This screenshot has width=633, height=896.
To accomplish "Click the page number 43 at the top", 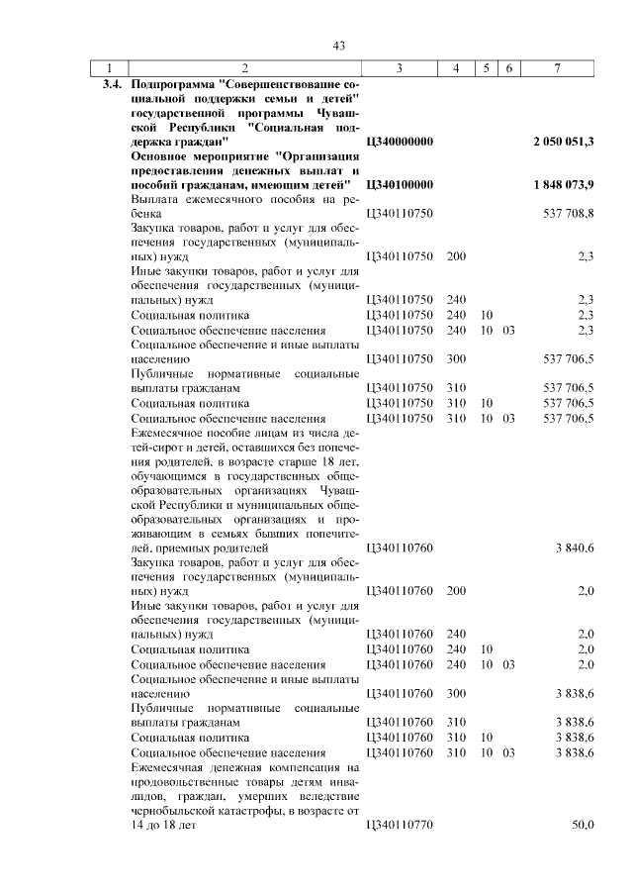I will [x=338, y=46].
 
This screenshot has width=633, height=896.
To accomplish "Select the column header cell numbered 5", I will [x=486, y=68].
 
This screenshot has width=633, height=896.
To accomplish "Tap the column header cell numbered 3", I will [x=398, y=68].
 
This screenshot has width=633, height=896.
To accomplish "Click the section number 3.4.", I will [x=110, y=85].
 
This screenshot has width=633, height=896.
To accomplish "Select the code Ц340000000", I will [x=400, y=142].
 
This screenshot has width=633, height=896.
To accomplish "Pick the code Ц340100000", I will [x=400, y=184].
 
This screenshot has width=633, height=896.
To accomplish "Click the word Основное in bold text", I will [x=162, y=156].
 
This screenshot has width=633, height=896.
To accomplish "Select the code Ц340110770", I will [x=400, y=825].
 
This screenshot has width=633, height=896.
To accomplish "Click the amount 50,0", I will [x=583, y=825].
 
